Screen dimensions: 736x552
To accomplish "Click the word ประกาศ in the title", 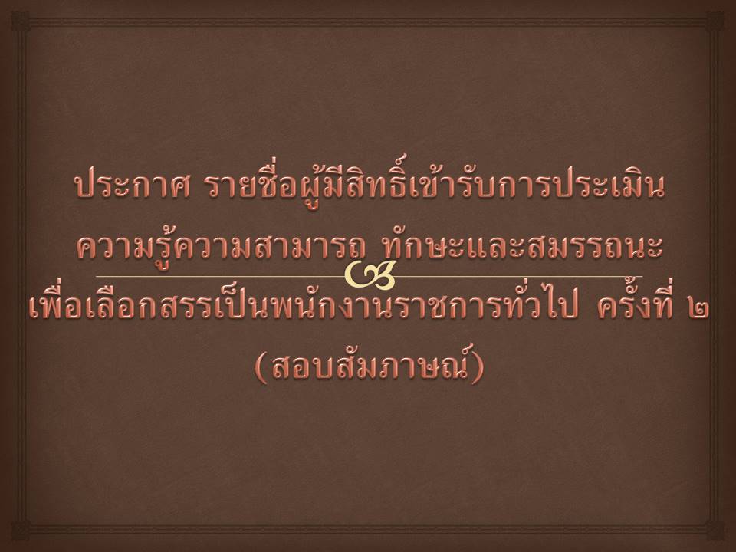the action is [x=133, y=186].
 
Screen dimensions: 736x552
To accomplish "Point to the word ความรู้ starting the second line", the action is [x=124, y=246].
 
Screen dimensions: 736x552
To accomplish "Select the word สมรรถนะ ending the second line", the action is [x=596, y=246].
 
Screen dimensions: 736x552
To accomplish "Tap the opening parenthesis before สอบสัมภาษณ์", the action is [x=261, y=367].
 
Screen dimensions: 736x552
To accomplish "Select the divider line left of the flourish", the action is [x=221, y=276].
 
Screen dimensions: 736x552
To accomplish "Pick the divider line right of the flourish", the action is [x=519, y=276].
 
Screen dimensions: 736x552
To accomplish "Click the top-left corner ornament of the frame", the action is [x=21, y=21].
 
